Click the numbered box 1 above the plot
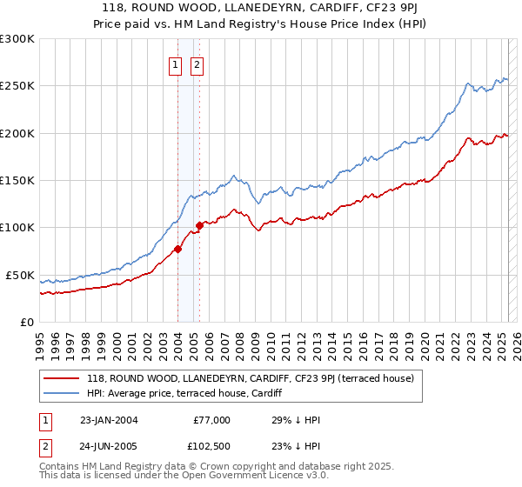pos(175,64)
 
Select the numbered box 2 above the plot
pos(197,64)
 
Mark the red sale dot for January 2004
pos(177,249)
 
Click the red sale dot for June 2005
pos(199,225)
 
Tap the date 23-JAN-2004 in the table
pos(108,419)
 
